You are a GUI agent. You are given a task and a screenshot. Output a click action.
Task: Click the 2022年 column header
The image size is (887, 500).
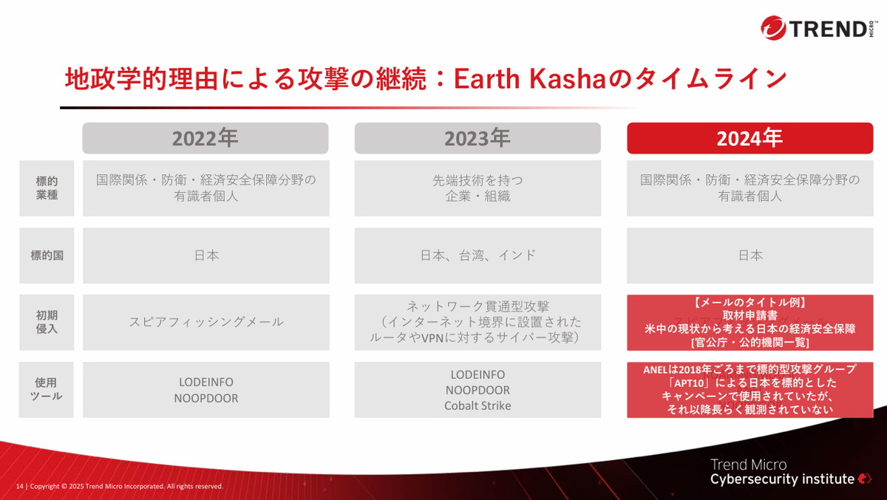205,138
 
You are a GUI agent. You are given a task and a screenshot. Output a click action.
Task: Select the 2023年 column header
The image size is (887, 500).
477,138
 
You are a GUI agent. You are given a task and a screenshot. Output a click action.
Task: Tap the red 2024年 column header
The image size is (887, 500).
750,138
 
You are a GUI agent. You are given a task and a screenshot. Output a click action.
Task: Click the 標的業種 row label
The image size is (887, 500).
47,188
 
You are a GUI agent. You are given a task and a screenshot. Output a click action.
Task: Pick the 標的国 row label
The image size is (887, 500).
47,256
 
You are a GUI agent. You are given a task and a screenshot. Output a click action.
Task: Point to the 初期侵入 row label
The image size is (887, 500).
47,322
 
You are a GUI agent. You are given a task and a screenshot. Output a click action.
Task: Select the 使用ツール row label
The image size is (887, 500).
47,389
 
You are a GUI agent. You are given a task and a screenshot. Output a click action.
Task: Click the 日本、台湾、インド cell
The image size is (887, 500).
477,256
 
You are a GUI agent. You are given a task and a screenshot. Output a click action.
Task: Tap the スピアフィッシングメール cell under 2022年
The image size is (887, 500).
205,322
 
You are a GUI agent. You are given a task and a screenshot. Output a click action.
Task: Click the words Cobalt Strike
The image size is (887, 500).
477,405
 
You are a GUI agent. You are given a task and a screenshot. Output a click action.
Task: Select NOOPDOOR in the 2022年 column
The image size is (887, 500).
205,398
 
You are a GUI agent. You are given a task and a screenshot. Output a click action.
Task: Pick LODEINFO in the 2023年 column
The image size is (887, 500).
477,374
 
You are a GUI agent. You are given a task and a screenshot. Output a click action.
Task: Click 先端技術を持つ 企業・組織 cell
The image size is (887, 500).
477,188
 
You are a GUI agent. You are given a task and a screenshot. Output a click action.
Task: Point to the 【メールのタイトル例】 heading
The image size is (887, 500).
750,303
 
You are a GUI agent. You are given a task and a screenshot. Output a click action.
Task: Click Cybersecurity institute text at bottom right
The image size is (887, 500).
782,479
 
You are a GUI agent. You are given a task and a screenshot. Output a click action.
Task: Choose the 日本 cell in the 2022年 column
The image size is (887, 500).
205,256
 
